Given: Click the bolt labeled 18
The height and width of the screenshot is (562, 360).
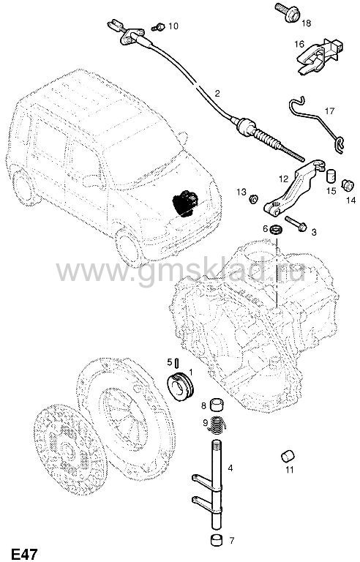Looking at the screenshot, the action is point(288,12).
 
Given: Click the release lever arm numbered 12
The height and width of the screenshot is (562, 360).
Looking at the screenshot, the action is point(294,188).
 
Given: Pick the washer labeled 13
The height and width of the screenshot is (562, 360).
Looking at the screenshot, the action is point(253,198).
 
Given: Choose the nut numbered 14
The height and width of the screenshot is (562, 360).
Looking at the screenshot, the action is point(347,185).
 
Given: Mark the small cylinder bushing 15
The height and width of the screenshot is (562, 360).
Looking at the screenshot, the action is point(331,176).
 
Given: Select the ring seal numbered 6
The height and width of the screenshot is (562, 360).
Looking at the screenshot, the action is point(277,228).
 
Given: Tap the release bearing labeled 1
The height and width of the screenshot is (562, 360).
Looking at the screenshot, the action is point(181,387).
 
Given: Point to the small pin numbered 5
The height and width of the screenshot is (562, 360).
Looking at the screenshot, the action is point(178,363).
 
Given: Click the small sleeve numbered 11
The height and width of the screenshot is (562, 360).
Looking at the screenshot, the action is point(288,456).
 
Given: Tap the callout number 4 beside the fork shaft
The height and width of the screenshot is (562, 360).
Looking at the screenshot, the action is point(230,468).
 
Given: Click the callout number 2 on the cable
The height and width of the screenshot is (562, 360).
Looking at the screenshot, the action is point(217,94).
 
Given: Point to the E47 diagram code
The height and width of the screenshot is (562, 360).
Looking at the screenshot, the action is point(24,554).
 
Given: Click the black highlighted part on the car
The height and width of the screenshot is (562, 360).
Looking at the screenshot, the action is point(185,203).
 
